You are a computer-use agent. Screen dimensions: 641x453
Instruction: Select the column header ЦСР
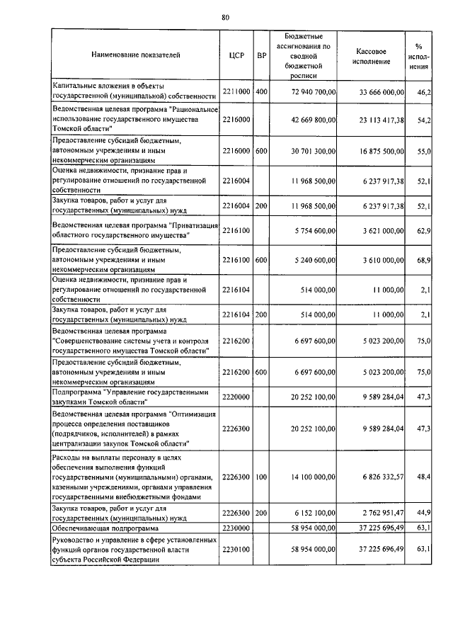(237, 55)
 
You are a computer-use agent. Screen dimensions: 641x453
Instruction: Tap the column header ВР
(261, 55)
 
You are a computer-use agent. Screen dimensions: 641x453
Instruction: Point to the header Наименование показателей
(135, 55)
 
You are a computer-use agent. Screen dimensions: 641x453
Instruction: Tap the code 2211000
(237, 92)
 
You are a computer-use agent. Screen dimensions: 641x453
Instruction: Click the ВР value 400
(261, 92)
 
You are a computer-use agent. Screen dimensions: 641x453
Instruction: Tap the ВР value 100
(261, 477)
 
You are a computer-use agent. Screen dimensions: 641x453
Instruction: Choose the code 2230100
(237, 549)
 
